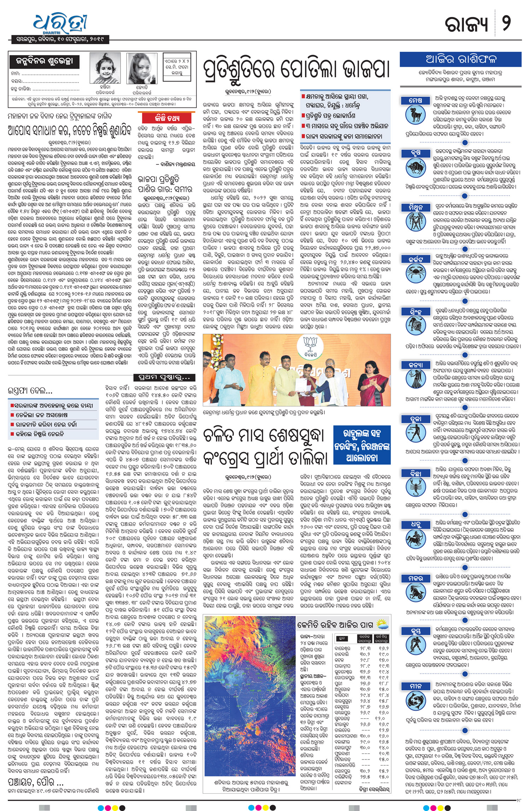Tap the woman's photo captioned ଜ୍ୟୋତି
click(x=142, y=69)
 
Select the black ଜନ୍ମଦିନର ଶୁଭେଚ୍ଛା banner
click(x=45, y=61)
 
